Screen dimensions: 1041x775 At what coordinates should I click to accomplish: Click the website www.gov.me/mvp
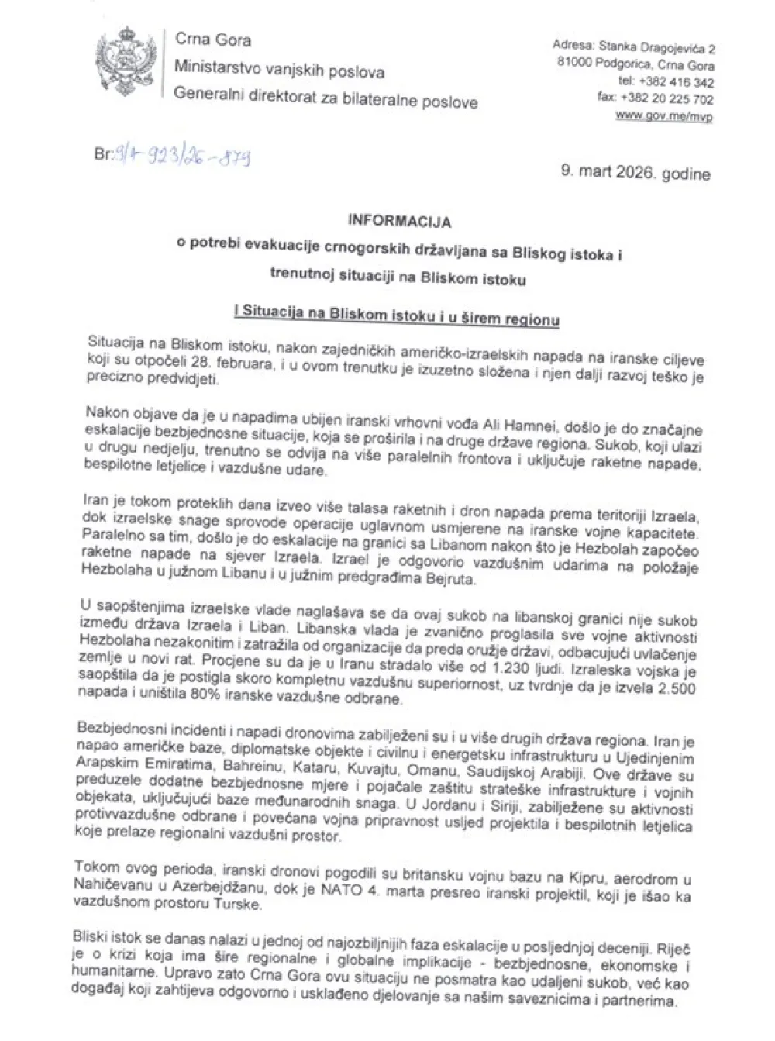coord(664,115)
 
